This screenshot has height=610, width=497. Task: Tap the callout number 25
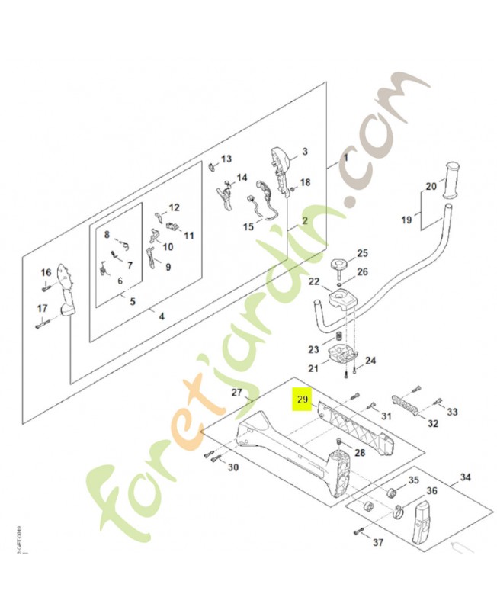point(362,253)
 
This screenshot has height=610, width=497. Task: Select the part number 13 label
point(226,159)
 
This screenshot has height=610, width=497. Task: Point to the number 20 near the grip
point(431,187)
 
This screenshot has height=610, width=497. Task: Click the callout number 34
point(465,478)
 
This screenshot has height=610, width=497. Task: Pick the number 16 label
point(46,273)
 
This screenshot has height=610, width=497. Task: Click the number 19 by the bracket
point(406,220)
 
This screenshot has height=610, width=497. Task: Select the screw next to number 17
point(44,326)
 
